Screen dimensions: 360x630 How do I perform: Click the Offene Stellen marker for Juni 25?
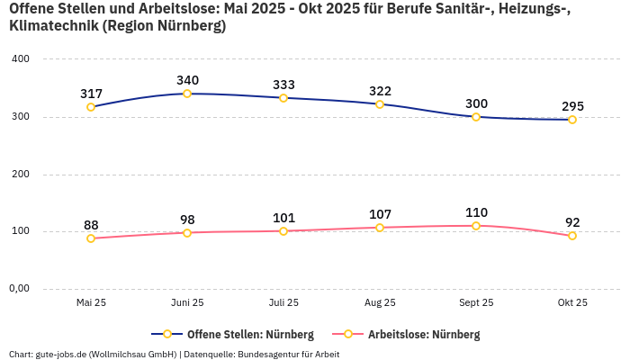(x=187, y=94)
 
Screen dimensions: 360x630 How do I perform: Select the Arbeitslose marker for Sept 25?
(x=476, y=226)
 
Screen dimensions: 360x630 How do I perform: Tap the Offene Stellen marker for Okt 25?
(x=572, y=120)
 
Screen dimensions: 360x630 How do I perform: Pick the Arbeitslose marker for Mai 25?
(x=91, y=238)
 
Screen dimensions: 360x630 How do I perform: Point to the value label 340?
(x=187, y=80)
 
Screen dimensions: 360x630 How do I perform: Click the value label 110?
(x=476, y=212)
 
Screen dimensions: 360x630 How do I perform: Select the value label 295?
(x=572, y=106)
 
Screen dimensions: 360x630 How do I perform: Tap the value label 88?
(x=91, y=225)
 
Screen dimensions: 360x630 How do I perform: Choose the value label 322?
(x=380, y=91)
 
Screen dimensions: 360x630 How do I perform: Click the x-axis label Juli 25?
(x=283, y=303)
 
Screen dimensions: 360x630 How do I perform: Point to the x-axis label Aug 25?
(x=380, y=303)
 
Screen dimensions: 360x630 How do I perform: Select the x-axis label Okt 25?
(x=572, y=303)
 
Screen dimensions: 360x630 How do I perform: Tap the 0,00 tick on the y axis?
(x=20, y=289)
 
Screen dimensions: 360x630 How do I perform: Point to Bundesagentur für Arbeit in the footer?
(x=288, y=354)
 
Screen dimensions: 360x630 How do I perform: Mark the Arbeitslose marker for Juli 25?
(x=283, y=231)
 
